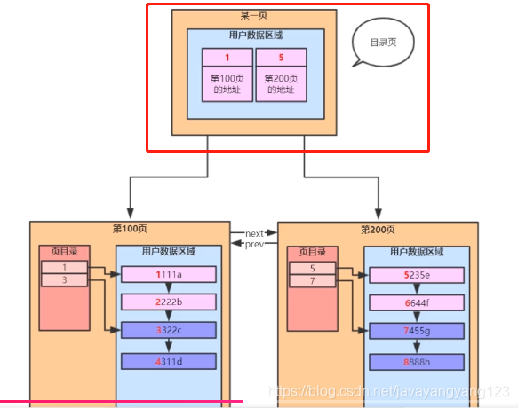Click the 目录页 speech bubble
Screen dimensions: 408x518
381,42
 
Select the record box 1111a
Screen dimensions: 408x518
169,275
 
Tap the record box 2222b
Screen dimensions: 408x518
169,302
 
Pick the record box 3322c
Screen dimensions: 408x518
169,331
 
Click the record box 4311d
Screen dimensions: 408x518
169,361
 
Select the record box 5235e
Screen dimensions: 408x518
417,275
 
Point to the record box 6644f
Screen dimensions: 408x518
417,302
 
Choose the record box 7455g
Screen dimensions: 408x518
417,331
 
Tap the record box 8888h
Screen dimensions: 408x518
417,361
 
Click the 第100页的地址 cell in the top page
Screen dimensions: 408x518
228,84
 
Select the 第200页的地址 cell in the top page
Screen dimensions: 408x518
281,84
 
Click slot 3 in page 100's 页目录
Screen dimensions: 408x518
64,280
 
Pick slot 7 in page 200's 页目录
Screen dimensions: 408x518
312,280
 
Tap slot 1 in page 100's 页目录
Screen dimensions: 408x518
64,267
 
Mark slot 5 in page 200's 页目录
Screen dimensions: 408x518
312,267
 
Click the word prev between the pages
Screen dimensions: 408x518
256,244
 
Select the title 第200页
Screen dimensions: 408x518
378,229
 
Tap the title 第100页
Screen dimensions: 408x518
130,229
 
